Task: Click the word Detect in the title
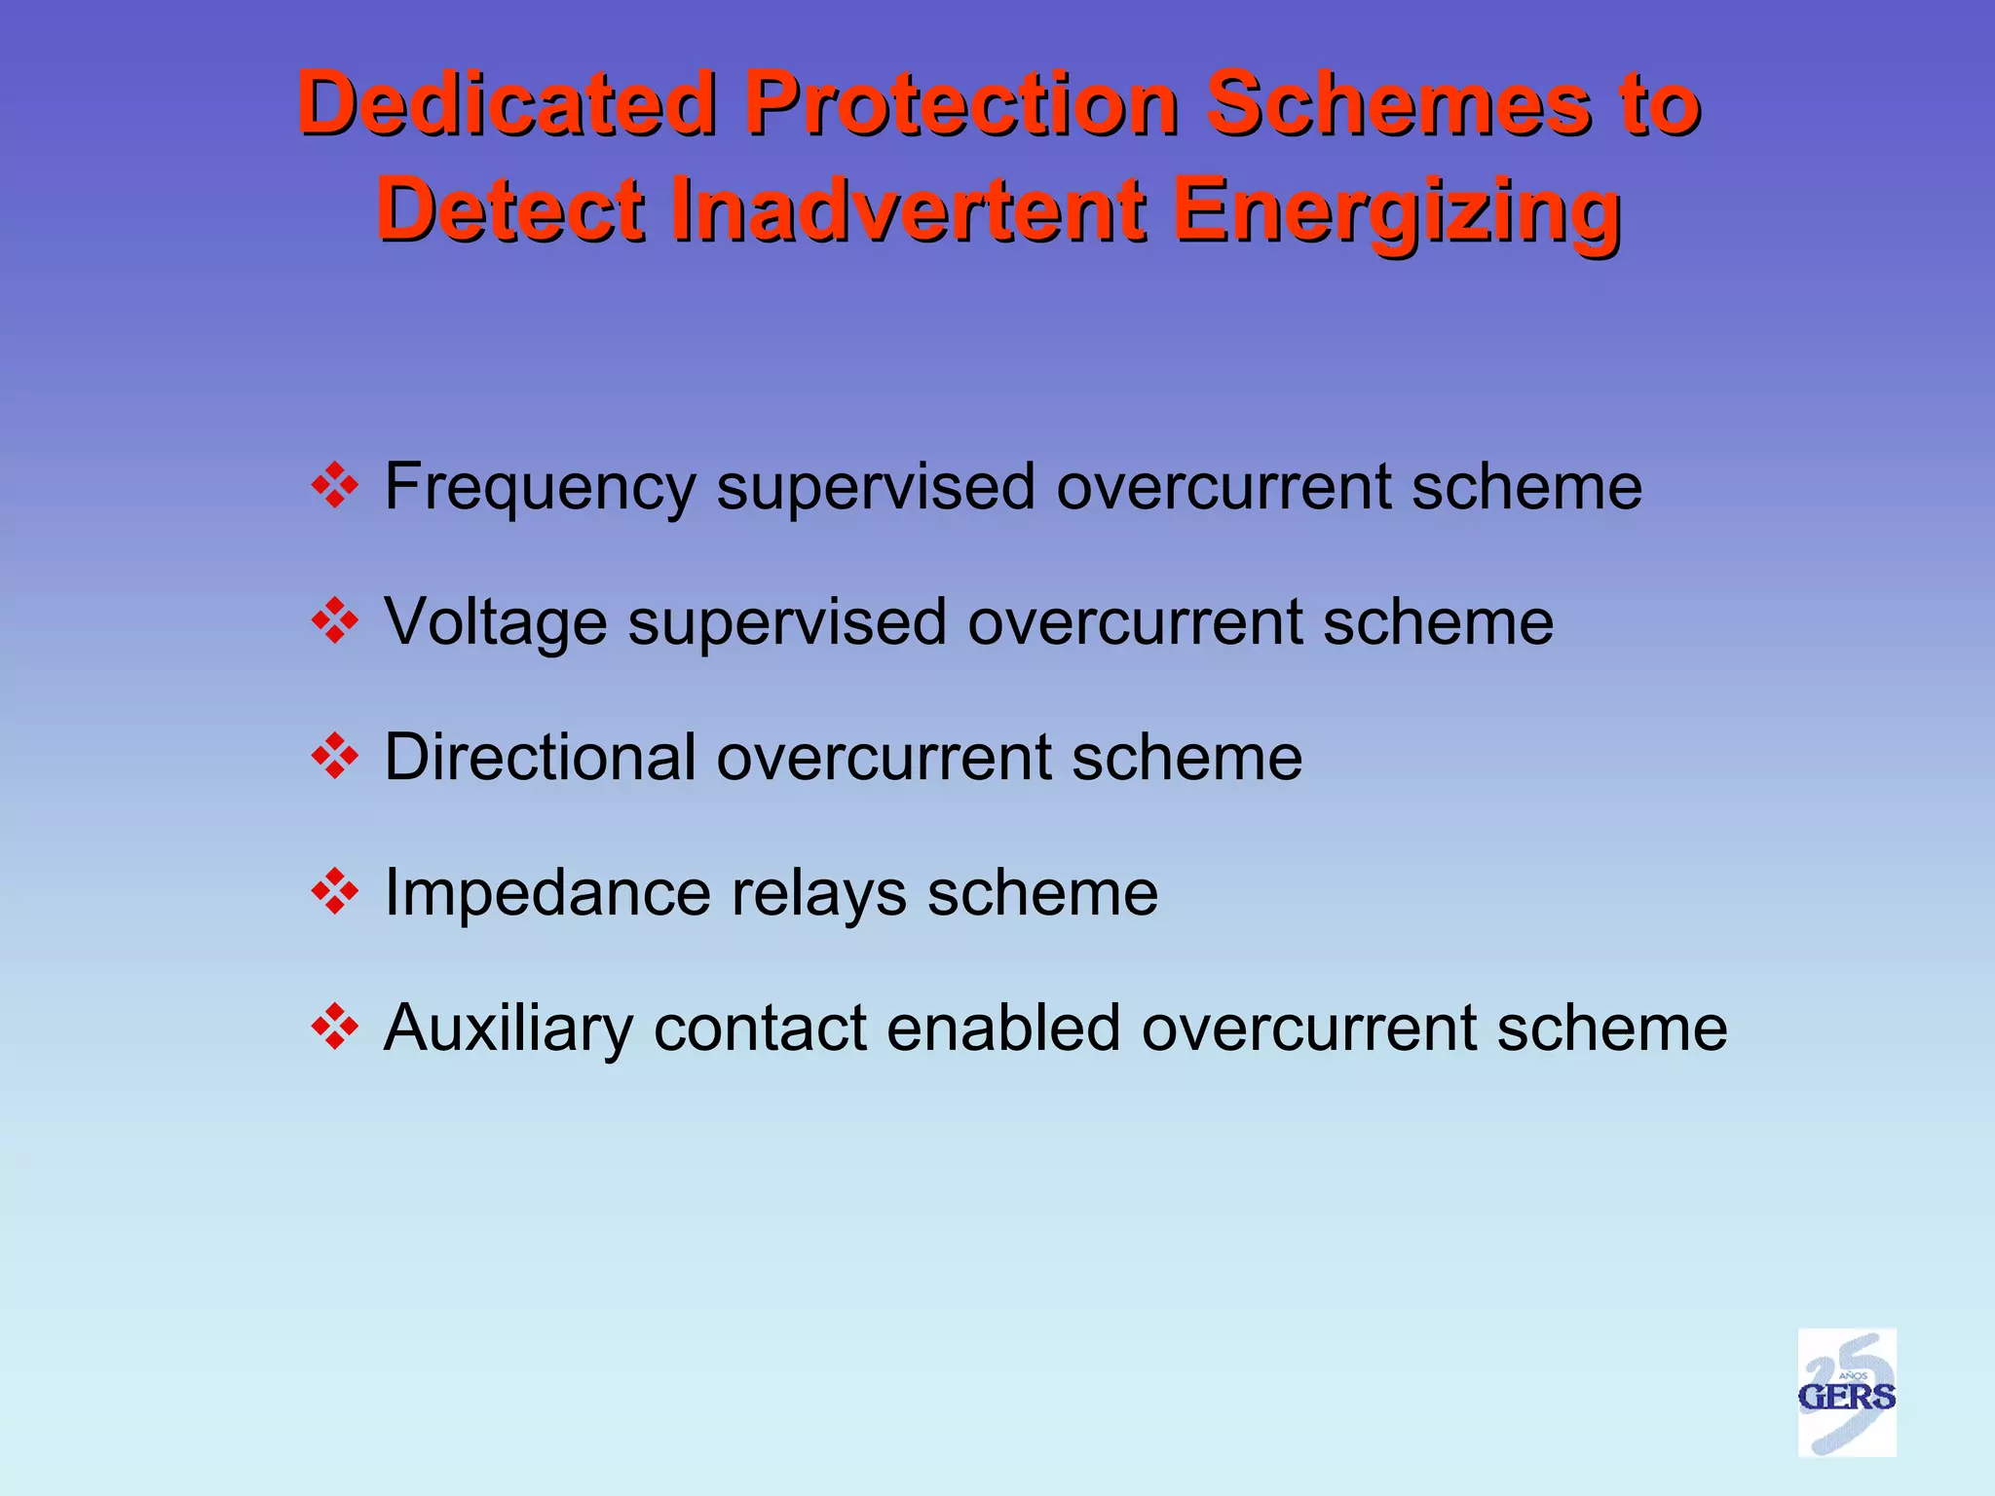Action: tap(511, 210)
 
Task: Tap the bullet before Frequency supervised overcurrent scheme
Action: tap(335, 485)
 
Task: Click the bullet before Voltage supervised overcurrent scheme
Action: tap(335, 620)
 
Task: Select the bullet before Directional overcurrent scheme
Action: tap(335, 756)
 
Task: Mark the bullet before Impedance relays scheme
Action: tap(335, 891)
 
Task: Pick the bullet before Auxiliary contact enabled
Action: tap(335, 1027)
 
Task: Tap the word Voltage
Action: tap(495, 622)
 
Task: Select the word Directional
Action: tap(541, 757)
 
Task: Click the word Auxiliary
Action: tap(508, 1028)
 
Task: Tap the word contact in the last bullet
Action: tap(760, 1028)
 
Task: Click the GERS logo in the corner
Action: tap(1846, 1393)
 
